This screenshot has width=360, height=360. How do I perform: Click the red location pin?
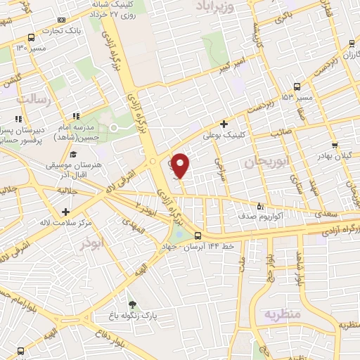click(x=180, y=165)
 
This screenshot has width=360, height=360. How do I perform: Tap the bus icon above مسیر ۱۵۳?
click(x=297, y=86)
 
